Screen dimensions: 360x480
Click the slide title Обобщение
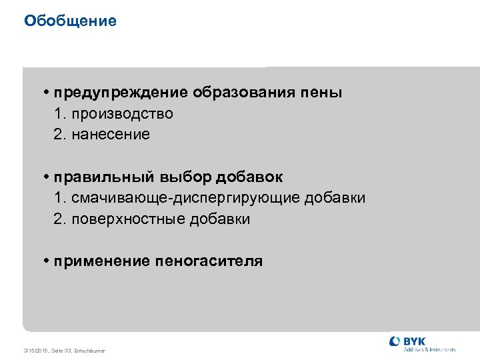(x=70, y=21)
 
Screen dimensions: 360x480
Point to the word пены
(x=325, y=93)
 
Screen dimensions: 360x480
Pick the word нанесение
(x=111, y=135)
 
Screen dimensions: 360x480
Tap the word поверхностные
(x=127, y=219)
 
